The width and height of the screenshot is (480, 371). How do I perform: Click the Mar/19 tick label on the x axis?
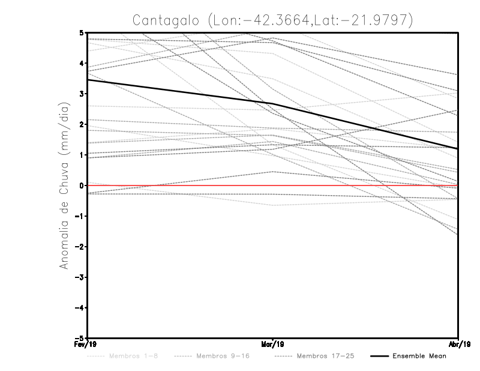(273, 344)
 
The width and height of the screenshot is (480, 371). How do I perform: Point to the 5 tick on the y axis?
(82, 32)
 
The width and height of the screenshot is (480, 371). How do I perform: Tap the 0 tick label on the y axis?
(82, 185)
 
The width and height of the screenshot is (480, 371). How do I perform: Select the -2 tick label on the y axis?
(80, 247)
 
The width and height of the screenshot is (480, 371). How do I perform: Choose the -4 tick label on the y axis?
(80, 308)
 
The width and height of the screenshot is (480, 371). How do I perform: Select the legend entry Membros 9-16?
(223, 356)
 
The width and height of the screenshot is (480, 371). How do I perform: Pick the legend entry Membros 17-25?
(325, 356)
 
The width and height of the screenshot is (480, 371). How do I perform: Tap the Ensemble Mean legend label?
(419, 356)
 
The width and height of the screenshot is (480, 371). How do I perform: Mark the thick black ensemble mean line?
(180, 91)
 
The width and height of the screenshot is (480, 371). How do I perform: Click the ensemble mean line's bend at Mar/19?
(273, 103)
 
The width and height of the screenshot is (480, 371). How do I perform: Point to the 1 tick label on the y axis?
(82, 155)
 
